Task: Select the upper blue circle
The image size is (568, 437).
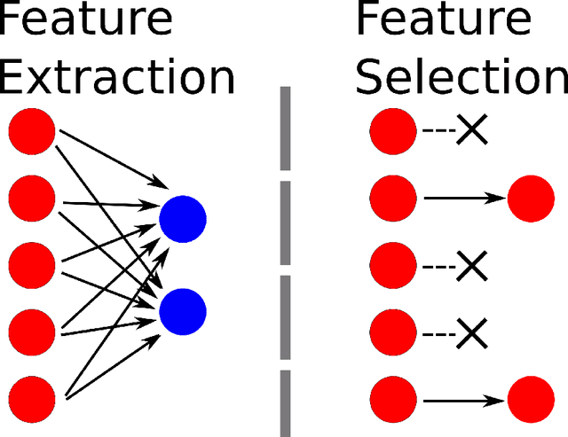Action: [183, 218]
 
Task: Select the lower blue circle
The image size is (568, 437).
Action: [183, 310]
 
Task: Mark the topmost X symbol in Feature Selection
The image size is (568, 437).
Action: [472, 132]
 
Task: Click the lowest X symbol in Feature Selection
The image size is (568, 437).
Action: [472, 333]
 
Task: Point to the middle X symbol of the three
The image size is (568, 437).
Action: [472, 265]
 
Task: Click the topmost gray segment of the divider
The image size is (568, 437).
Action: [285, 129]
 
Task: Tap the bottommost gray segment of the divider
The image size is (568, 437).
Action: [285, 403]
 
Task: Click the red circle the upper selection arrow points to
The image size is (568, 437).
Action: [531, 198]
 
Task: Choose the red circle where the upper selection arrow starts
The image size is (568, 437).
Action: [392, 198]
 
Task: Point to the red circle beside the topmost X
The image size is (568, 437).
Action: [392, 132]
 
